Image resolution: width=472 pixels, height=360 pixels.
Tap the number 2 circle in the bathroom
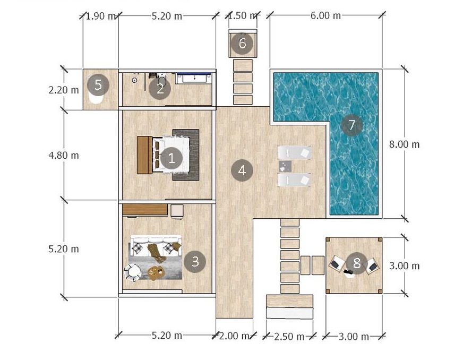tap(160, 89)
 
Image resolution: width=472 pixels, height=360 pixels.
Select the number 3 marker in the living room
tap(195, 262)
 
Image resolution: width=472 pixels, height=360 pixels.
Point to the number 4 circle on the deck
tap(242, 170)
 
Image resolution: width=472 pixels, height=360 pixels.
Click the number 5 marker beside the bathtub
tap(98, 85)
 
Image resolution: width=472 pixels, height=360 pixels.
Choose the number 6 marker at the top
tap(242, 44)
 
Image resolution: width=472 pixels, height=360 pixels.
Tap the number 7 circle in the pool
tap(351, 125)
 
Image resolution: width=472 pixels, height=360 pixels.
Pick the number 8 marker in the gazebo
tap(357, 263)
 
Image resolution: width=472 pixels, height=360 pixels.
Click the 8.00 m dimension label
tap(404, 144)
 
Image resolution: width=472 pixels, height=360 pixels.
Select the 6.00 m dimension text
tap(325, 15)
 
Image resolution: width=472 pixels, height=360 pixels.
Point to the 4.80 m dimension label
tap(64, 156)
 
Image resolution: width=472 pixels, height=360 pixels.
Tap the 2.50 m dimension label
tap(289, 337)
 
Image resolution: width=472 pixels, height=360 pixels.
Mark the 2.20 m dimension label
tap(64, 90)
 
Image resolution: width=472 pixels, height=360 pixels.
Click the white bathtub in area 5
tap(96, 98)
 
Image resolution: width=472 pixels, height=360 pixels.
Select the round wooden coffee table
tap(156, 273)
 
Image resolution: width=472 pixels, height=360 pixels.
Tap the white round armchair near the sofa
tap(132, 272)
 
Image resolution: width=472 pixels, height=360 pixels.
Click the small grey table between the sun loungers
tap(285, 166)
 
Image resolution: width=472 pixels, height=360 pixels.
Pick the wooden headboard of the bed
tap(144, 155)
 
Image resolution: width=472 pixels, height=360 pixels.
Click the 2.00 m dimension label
tap(234, 336)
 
